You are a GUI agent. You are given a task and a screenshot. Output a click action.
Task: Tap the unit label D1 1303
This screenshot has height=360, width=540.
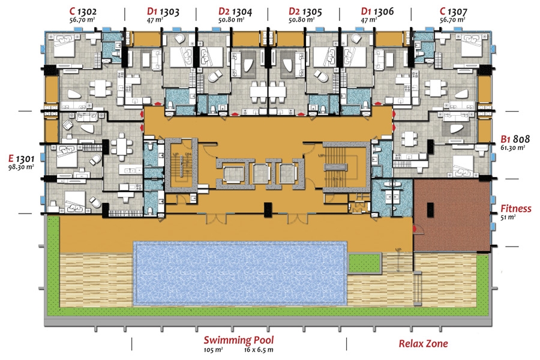point(161,11)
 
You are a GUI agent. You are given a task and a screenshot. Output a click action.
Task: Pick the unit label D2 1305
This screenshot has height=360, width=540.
point(302,11)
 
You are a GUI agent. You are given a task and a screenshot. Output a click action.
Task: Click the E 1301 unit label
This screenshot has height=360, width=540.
point(20,158)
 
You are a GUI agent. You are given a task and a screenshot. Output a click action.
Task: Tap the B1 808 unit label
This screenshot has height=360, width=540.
point(513,137)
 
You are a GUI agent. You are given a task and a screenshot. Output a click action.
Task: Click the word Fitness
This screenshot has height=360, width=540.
point(516,209)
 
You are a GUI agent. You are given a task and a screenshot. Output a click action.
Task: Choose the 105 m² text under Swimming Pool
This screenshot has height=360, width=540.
point(213,349)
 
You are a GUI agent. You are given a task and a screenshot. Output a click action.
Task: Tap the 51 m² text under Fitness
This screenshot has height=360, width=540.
point(509,218)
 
